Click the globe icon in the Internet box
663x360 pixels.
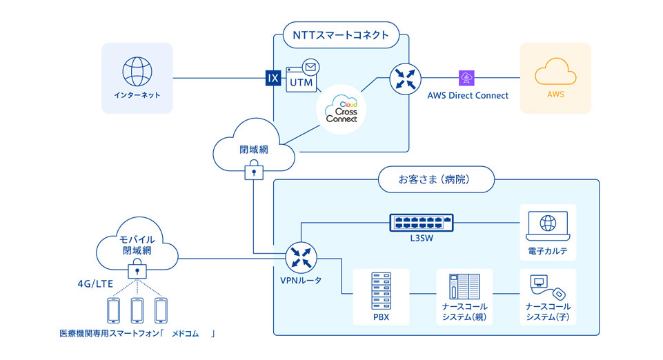pyautogui.click(x=136, y=71)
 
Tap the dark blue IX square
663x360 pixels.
pyautogui.click(x=273, y=78)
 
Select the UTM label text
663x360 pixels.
pyautogui.click(x=301, y=83)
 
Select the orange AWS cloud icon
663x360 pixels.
pyautogui.click(x=555, y=71)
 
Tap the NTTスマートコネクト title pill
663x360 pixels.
pyautogui.click(x=341, y=34)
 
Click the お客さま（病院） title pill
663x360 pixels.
pyautogui.click(x=436, y=181)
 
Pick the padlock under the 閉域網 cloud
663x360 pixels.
pyautogui.click(x=254, y=172)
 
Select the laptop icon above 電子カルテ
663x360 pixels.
pyautogui.click(x=547, y=224)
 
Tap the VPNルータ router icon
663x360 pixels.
pyautogui.click(x=301, y=259)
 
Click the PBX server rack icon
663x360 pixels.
pyautogui.click(x=381, y=290)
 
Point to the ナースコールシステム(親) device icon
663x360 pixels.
pyautogui.click(x=464, y=290)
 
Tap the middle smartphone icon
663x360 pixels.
pyautogui.click(x=136, y=310)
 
